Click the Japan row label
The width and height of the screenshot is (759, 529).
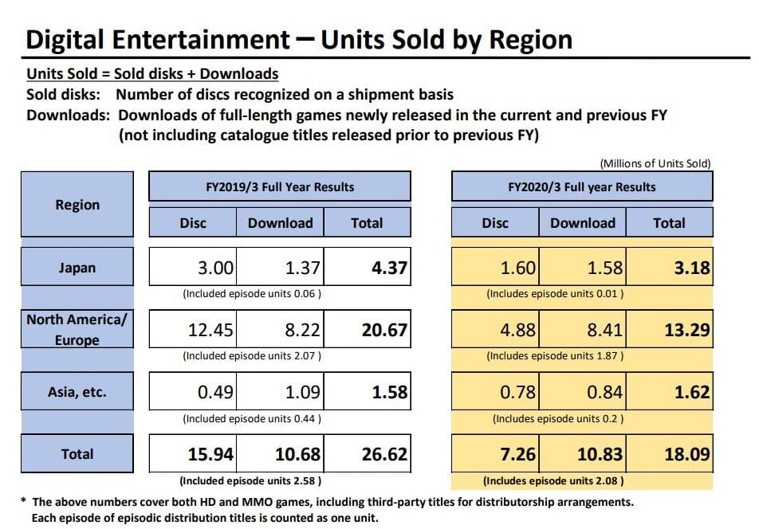77,268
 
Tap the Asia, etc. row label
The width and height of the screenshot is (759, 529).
77,392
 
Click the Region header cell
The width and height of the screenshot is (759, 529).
77,205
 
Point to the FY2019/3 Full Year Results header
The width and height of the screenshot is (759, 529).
280,187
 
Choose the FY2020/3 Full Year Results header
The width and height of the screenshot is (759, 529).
582,187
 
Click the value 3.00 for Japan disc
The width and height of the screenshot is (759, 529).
193,268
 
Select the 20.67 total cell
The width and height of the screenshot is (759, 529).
368,330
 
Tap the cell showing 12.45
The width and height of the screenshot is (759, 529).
193,330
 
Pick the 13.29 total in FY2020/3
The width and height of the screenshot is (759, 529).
670,330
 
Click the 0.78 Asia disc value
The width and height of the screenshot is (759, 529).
495,392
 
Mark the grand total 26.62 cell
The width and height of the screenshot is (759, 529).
368,454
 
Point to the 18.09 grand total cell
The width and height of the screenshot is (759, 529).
670,454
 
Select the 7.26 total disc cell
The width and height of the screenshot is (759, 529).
495,454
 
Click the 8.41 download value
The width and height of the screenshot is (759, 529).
583,330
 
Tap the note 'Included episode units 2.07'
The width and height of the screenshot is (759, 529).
253,355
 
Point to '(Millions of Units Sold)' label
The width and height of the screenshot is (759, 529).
655,163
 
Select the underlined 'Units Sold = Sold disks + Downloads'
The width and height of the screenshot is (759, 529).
152,74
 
